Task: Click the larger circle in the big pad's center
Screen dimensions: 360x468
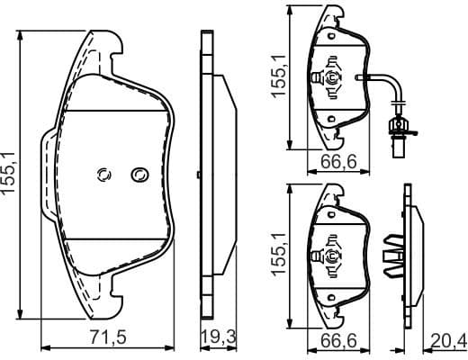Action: [x=139, y=174]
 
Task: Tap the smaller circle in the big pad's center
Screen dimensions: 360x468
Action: [x=103, y=174]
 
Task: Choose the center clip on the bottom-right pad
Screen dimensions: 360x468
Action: [x=330, y=256]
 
